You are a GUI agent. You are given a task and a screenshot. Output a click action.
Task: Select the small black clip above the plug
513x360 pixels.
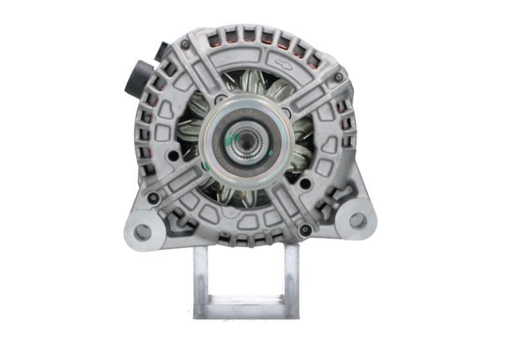(x=161, y=50)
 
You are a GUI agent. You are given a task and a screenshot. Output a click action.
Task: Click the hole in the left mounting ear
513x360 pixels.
(x=142, y=231)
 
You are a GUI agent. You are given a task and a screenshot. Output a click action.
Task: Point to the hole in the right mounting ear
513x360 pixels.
(x=357, y=220)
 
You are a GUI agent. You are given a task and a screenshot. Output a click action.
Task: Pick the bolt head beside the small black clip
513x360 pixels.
(x=185, y=45)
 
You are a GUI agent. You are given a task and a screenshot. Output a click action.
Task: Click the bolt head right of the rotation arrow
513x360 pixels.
(x=338, y=78)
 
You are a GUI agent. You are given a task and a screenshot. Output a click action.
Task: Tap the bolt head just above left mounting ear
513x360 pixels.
(x=153, y=198)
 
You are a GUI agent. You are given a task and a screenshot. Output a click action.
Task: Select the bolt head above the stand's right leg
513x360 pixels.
(x=306, y=229)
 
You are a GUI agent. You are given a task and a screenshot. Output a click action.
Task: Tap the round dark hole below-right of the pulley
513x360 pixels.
(x=305, y=184)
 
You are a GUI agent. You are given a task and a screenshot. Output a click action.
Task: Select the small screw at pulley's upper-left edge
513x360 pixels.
(x=221, y=100)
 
